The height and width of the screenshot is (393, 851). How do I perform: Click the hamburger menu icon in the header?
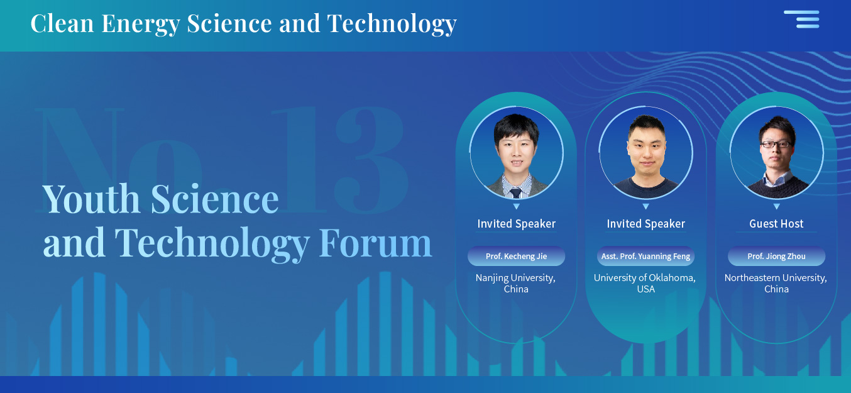click(x=801, y=19)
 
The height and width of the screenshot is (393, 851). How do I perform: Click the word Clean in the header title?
click(x=62, y=23)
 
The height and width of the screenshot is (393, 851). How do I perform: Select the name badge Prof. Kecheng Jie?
click(x=516, y=256)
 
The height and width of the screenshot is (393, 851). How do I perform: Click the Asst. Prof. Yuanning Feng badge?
click(x=646, y=256)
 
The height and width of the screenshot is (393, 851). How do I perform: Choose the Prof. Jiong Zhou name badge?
click(x=777, y=256)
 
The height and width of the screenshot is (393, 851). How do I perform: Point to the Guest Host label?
click(x=777, y=223)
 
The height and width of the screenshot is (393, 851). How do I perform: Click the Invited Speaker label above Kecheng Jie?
click(x=516, y=224)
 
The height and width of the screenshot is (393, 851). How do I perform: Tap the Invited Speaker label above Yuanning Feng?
click(x=646, y=224)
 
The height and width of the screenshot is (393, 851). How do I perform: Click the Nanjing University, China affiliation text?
click(x=516, y=283)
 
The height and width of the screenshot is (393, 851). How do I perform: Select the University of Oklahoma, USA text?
click(x=645, y=283)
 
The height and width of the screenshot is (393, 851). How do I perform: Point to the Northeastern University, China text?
click(x=776, y=283)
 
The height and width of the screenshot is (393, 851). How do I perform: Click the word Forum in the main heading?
click(x=375, y=243)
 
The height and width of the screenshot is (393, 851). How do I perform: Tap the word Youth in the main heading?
click(x=91, y=199)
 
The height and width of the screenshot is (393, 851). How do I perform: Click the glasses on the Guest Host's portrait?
click(x=776, y=144)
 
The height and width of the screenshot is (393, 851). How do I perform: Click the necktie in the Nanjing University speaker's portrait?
click(x=515, y=192)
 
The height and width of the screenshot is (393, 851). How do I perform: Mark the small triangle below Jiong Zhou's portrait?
click(x=777, y=206)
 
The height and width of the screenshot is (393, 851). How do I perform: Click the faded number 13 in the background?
click(x=340, y=159)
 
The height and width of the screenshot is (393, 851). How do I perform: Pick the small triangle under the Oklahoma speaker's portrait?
click(x=646, y=206)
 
